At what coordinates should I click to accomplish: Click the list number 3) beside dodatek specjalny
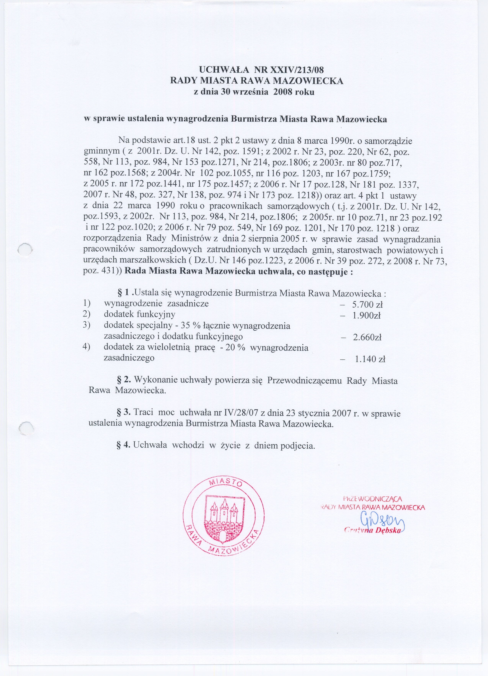point(87,325)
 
